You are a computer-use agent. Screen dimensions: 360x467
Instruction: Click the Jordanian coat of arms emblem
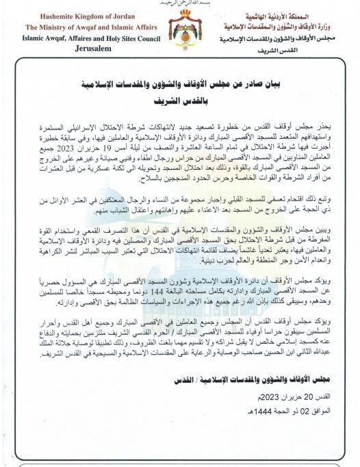[x=180, y=28]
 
